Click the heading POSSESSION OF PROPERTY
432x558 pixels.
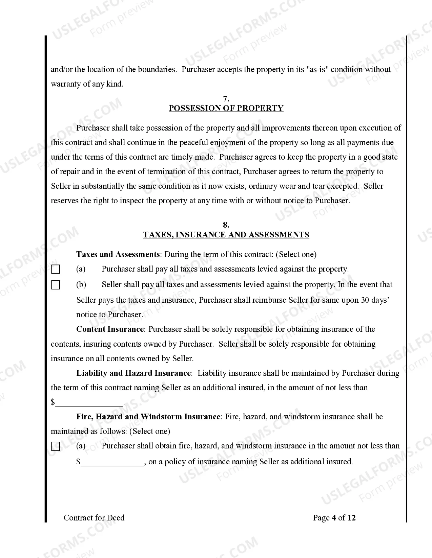point(226,108)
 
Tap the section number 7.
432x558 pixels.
point(226,99)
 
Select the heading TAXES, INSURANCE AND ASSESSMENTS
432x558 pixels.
point(226,235)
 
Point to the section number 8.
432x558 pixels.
point(226,225)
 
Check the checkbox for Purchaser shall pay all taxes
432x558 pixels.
point(56,270)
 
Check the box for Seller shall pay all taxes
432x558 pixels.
point(56,285)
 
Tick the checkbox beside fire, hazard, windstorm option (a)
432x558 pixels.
point(56,447)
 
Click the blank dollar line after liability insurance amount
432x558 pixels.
point(89,402)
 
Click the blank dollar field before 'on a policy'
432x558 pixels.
point(112,462)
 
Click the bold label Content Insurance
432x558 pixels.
point(110,329)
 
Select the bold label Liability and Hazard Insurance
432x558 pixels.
point(133,373)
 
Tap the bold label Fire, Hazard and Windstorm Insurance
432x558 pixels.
point(148,417)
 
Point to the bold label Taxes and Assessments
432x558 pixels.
point(118,254)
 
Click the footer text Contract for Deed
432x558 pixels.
point(94,518)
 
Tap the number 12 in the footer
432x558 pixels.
point(351,518)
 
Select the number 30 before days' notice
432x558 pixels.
point(365,300)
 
